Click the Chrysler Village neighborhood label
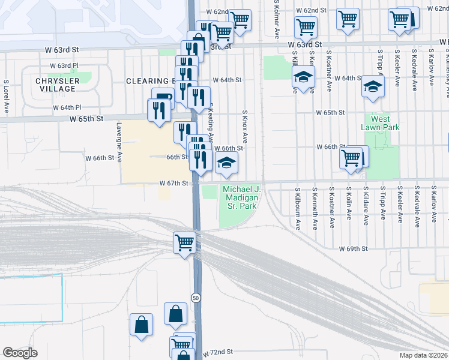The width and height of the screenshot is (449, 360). tap(55, 85)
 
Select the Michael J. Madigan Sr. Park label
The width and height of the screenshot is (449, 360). tap(240, 197)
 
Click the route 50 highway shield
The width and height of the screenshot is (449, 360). tap(196, 297)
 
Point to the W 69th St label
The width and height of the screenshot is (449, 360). tap(352, 248)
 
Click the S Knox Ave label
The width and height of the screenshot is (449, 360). tap(245, 127)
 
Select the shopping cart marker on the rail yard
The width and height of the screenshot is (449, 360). tap(184, 243)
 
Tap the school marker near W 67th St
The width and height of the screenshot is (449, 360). tap(226, 163)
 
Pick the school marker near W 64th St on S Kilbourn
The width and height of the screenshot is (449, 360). tap(303, 77)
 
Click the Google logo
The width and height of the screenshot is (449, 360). tap(20, 353)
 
